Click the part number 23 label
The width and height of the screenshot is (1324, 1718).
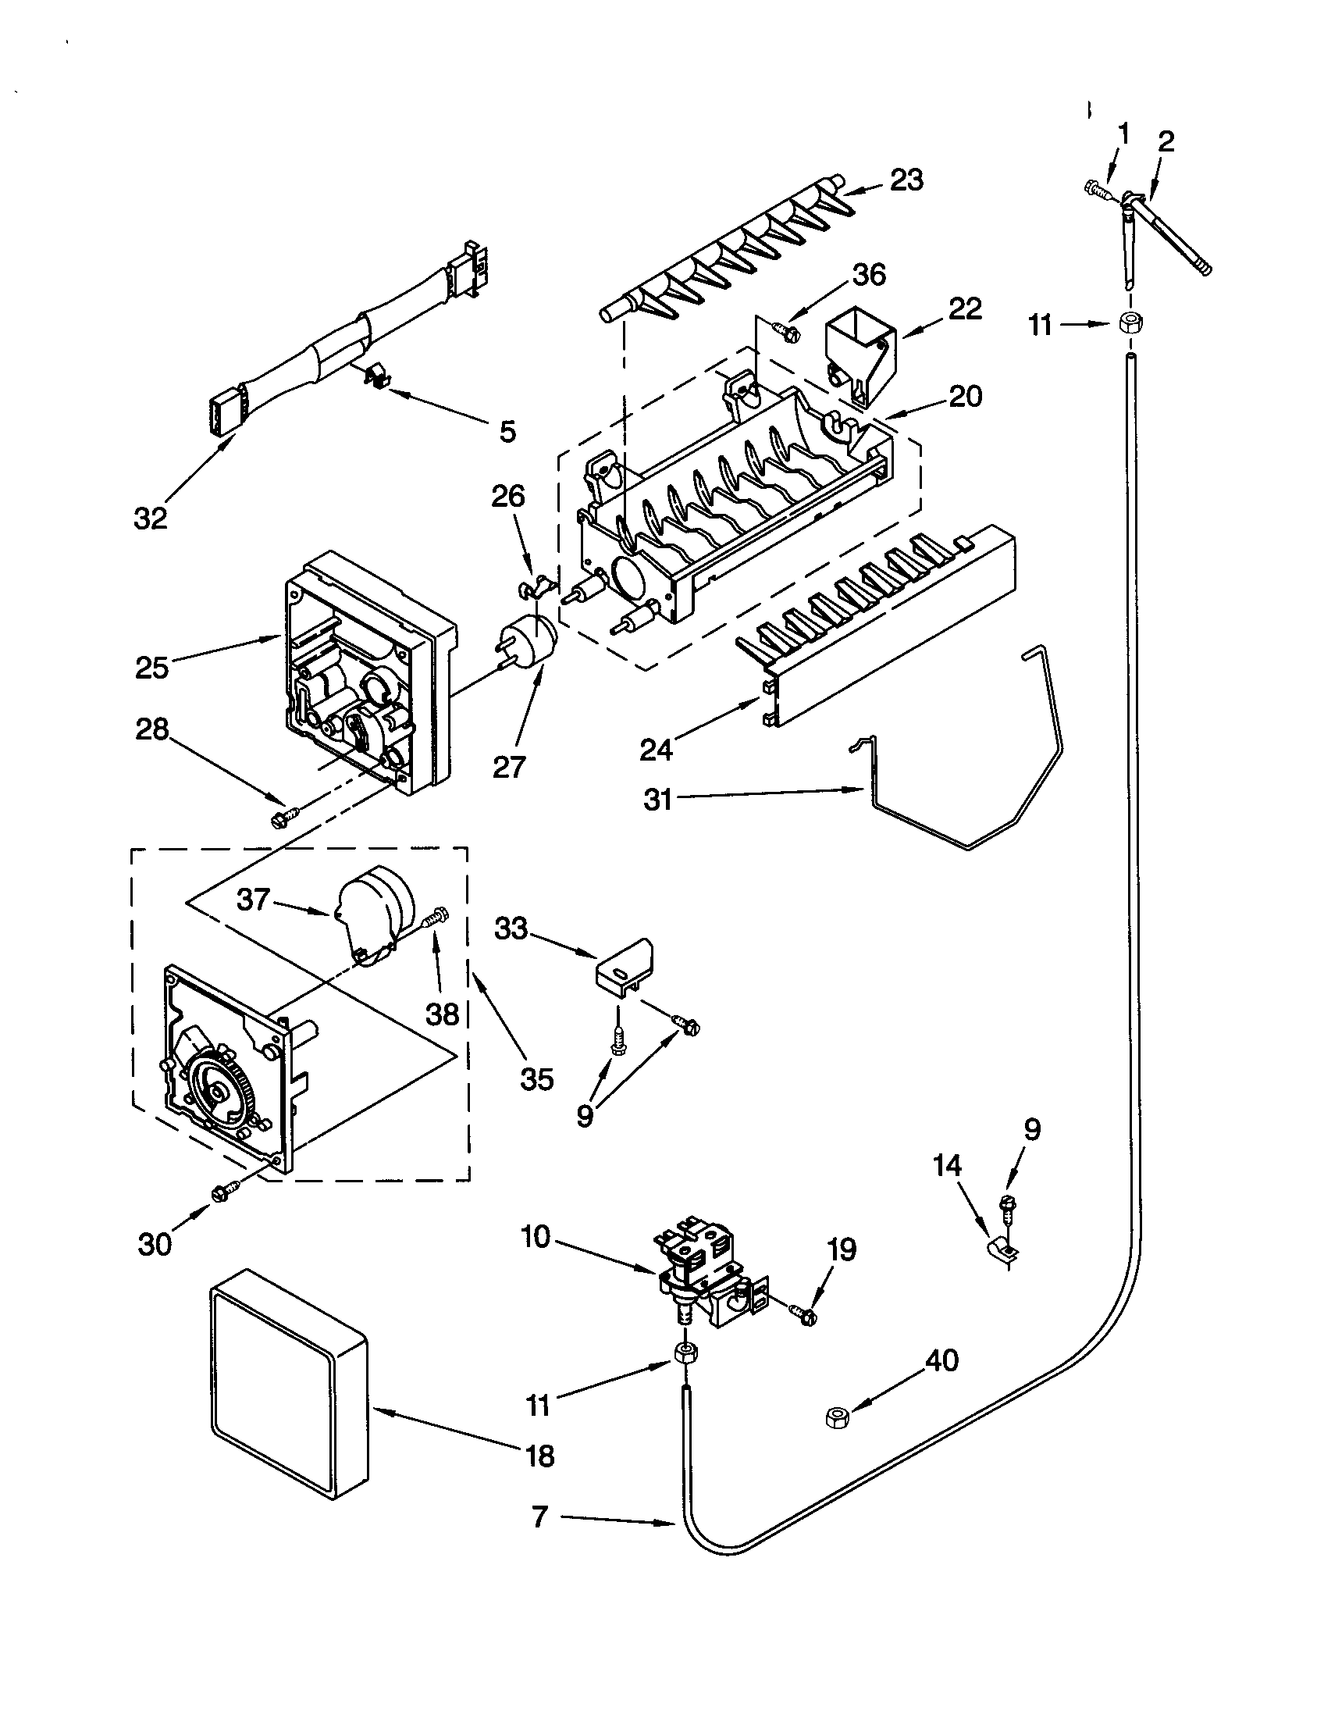(x=906, y=180)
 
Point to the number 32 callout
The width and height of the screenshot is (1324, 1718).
(x=150, y=519)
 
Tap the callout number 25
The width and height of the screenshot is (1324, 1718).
(x=151, y=667)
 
